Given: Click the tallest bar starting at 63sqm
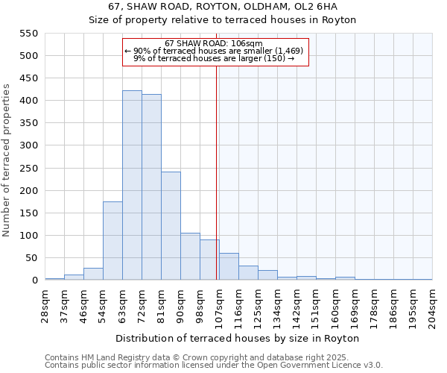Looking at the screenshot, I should pyautogui.click(x=132, y=185).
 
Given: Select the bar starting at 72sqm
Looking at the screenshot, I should pyautogui.click(x=151, y=188).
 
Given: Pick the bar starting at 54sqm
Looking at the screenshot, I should pyautogui.click(x=112, y=241).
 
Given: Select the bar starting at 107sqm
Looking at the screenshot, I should pyautogui.click(x=229, y=267).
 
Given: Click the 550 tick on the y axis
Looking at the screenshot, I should pyautogui.click(x=28, y=34).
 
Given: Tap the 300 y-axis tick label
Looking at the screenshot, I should pyautogui.click(x=28, y=146).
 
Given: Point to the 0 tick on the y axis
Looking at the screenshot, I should pyautogui.click(x=34, y=280).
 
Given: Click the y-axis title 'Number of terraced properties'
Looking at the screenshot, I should pyautogui.click(x=7, y=160).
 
